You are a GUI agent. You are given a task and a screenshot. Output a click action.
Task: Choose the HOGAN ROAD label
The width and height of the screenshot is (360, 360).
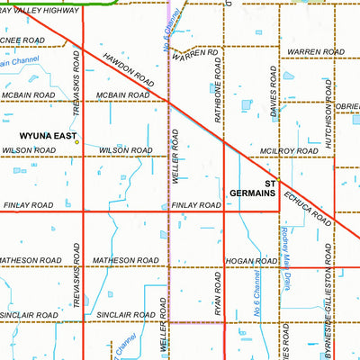click(253, 261)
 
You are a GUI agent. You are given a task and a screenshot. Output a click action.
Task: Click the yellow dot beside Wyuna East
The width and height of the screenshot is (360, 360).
click(76, 141)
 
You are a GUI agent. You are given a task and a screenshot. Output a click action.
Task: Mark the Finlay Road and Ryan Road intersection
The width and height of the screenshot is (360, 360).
click(224, 211)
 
